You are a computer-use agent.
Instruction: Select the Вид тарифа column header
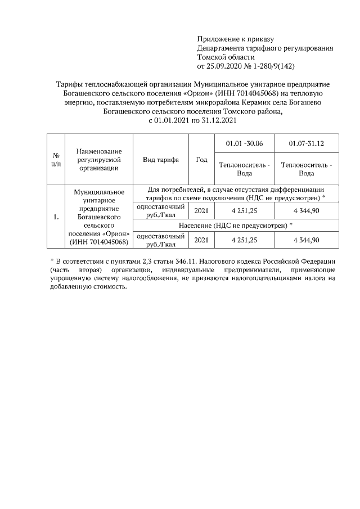pos(161,159)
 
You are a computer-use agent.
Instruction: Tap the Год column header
pos(201,159)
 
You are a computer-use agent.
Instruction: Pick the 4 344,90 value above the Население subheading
pos(307,210)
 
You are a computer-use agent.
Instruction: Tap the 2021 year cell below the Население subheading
pos(201,240)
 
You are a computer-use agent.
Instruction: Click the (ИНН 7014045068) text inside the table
pos(98,242)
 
